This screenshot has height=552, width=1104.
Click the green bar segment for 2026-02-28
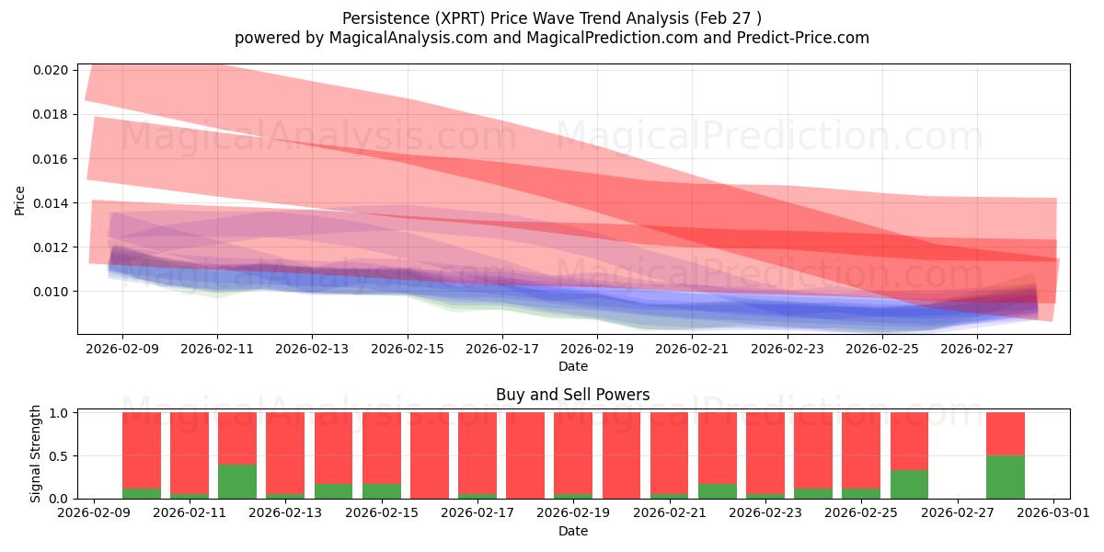coord(1006,477)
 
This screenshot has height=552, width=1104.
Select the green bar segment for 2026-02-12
coord(237,481)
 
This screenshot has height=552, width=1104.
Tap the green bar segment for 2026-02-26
coord(909,485)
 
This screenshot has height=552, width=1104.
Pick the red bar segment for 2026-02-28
coord(1006,434)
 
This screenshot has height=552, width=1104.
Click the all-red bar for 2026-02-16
coord(430,455)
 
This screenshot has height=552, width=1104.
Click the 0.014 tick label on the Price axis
coord(51,203)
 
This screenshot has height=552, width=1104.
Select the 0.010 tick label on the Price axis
coord(51,292)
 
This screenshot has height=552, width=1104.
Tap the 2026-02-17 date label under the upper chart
coord(502,349)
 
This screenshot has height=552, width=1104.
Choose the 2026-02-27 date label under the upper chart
coord(977,349)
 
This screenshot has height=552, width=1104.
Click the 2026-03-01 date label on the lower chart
coord(1053,513)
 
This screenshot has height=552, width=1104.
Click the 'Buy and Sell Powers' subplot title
coord(572,395)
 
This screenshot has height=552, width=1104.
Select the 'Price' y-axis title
coord(19,201)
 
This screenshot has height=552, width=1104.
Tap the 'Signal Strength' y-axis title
coord(35,454)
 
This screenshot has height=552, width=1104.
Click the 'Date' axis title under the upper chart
coord(572,367)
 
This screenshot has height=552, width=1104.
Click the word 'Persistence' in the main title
coord(385,18)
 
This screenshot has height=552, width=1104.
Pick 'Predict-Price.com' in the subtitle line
coord(803,38)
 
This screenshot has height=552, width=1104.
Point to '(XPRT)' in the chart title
coord(460,18)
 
